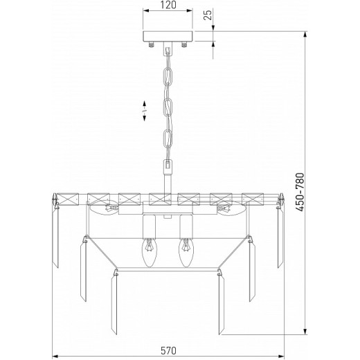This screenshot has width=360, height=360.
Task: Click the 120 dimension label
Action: (x=168, y=5)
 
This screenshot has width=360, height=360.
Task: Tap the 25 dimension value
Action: (x=208, y=15)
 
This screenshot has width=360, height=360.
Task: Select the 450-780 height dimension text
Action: (x=300, y=192)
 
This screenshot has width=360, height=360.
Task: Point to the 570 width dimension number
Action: (x=168, y=350)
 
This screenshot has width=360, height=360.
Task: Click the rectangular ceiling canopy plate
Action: (x=168, y=37)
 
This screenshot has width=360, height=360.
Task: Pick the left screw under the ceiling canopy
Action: (x=151, y=44)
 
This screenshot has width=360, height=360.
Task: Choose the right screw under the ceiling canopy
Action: (x=184, y=44)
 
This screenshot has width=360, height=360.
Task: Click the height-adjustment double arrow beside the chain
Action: (x=145, y=111)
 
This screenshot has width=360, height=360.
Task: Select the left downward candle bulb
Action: (x=149, y=253)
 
